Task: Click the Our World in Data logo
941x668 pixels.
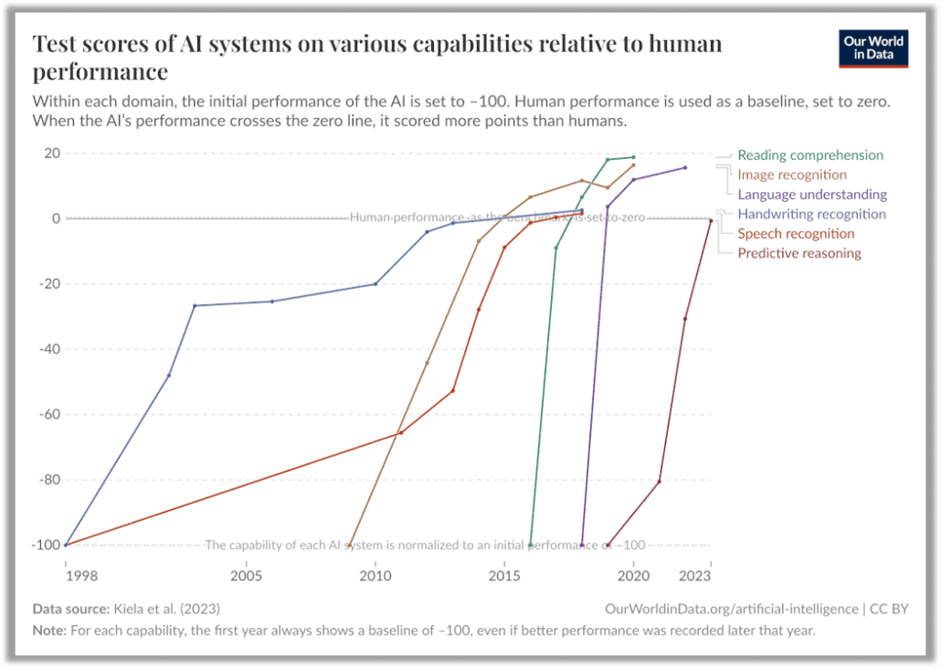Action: pyautogui.click(x=873, y=49)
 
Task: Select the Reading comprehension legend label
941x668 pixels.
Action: pyautogui.click(x=810, y=155)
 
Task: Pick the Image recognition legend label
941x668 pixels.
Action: pyautogui.click(x=792, y=175)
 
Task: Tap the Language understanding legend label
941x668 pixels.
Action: pyautogui.click(x=812, y=195)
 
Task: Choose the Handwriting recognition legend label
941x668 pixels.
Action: pyautogui.click(x=811, y=214)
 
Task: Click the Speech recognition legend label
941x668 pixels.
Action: pyautogui.click(x=796, y=234)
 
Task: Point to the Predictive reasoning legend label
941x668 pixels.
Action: pyautogui.click(x=799, y=253)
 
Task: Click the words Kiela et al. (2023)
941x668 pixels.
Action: pyautogui.click(x=166, y=609)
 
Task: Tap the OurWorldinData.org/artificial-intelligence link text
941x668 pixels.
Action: pyautogui.click(x=732, y=609)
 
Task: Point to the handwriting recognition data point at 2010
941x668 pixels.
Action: pyautogui.click(x=375, y=284)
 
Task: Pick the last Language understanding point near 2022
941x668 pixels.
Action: pyautogui.click(x=685, y=167)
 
